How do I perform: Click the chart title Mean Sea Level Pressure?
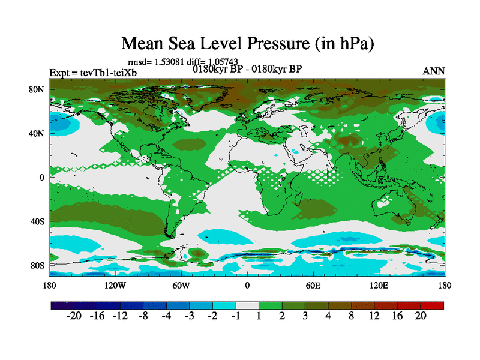[x=247, y=43]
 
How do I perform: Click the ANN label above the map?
[x=434, y=71]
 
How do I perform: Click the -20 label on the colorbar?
[x=74, y=316]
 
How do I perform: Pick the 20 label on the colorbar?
[x=420, y=316]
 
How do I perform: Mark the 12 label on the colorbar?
[x=374, y=316]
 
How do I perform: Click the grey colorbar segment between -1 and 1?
[x=247, y=305]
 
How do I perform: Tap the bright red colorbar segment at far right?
[x=432, y=305]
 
